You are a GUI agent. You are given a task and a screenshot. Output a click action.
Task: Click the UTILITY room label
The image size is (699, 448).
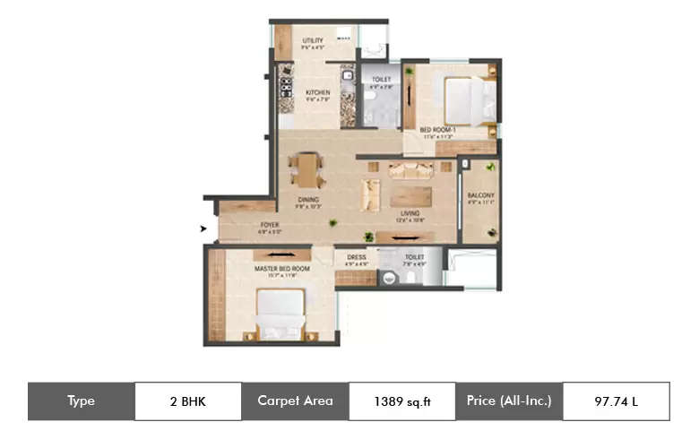pyautogui.click(x=313, y=40)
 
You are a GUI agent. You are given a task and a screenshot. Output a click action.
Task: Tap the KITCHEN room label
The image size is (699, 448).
pyautogui.click(x=317, y=92)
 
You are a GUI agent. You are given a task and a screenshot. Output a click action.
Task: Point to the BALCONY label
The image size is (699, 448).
pyautogui.click(x=480, y=195)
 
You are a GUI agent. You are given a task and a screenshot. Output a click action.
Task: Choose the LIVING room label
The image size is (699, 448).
pyautogui.click(x=410, y=213)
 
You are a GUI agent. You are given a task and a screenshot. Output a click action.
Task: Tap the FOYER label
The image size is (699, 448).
pyautogui.click(x=270, y=226)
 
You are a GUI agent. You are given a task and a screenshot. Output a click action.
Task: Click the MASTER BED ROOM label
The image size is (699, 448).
pyautogui.click(x=281, y=269)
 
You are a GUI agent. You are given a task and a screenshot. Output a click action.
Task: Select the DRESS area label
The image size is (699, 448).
pyautogui.click(x=357, y=257)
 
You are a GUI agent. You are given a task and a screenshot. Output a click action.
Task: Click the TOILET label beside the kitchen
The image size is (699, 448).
pyautogui.click(x=381, y=80)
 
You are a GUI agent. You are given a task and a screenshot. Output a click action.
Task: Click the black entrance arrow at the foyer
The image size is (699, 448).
pyautogui.click(x=203, y=229)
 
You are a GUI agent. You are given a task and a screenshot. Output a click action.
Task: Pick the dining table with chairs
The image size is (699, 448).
pyautogui.click(x=307, y=168)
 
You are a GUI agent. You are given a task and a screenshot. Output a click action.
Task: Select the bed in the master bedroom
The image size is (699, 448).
pyautogui.click(x=280, y=313)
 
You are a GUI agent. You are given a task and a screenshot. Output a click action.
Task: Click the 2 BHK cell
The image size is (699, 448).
pyautogui.click(x=187, y=401)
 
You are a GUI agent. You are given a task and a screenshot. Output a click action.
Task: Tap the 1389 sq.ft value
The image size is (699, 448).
pyautogui.click(x=401, y=401)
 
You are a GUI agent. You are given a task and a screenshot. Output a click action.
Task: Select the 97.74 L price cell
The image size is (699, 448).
pyautogui.click(x=616, y=401)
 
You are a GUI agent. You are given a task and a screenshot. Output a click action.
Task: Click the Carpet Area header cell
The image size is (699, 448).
pyautogui.click(x=295, y=401)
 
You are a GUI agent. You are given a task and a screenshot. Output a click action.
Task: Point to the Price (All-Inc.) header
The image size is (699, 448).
pyautogui.click(x=508, y=401)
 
